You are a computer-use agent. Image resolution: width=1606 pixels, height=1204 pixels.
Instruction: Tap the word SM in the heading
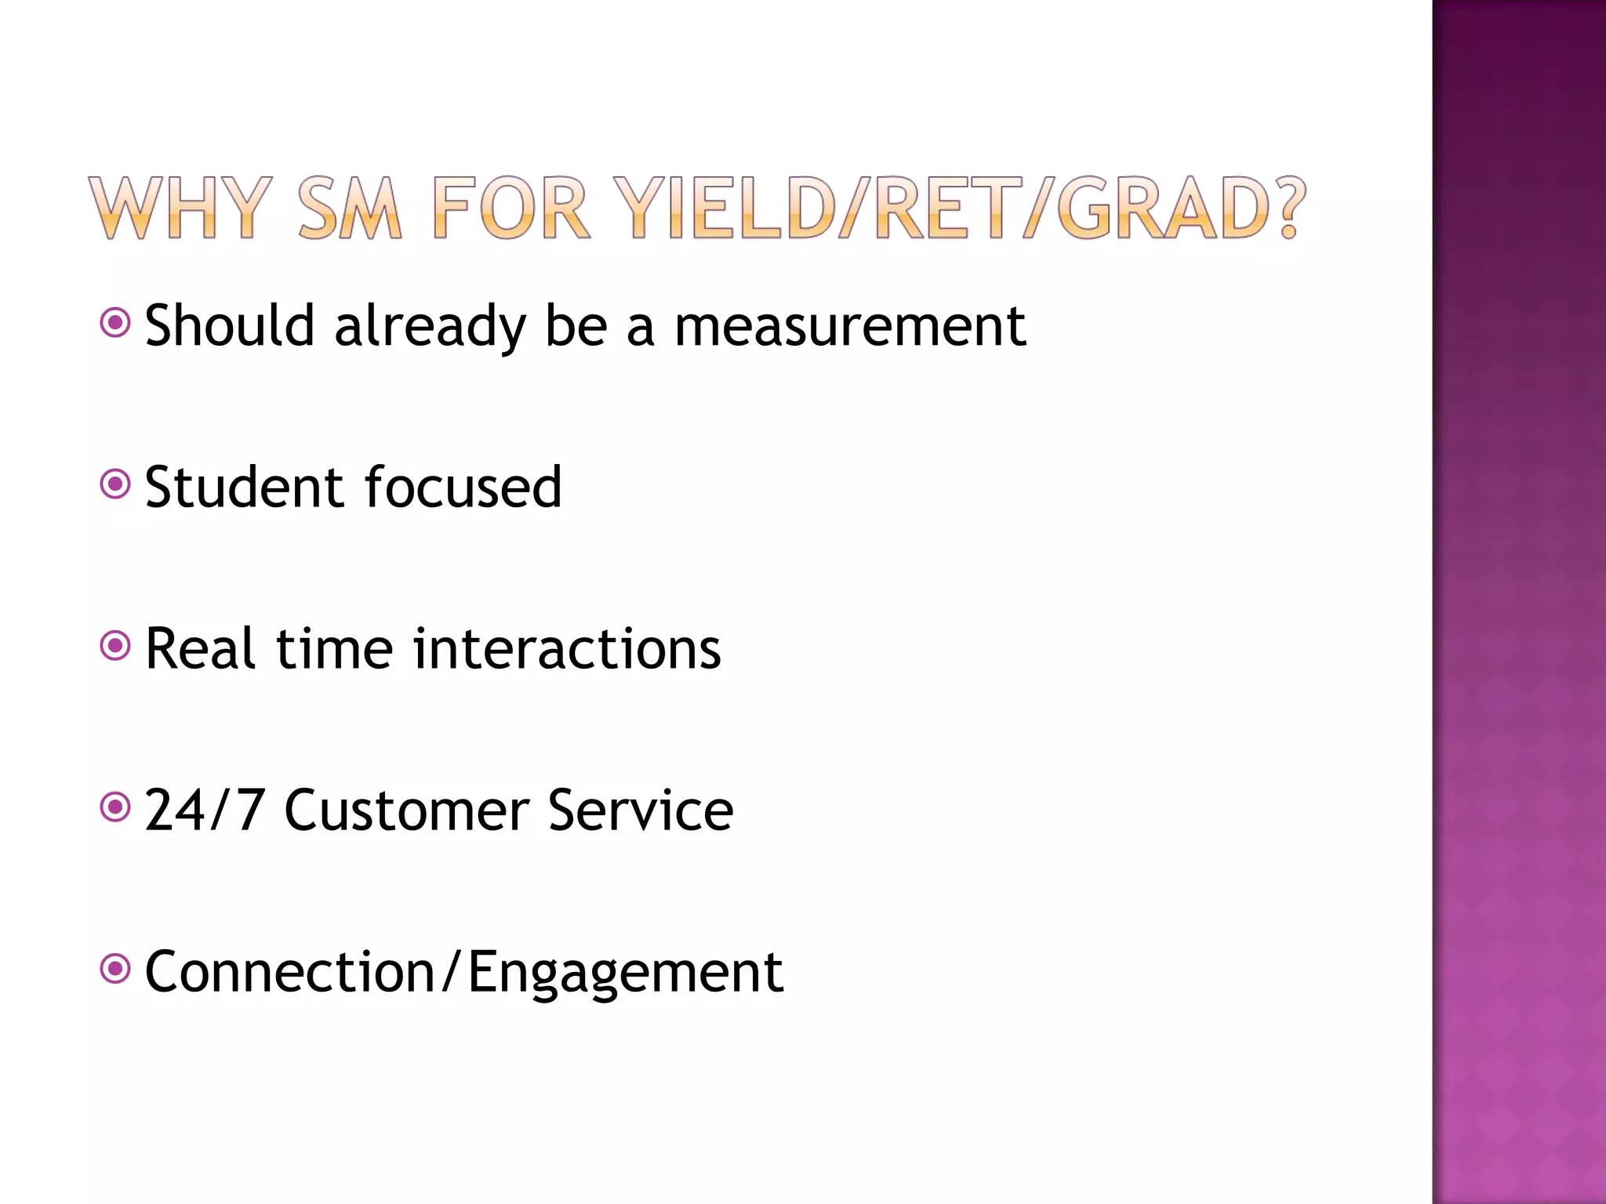pyautogui.click(x=350, y=208)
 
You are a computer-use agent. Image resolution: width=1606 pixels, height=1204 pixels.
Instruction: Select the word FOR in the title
pyautogui.click(x=511, y=208)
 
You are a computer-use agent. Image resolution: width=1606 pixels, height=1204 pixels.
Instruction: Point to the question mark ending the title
pyautogui.click(x=1286, y=208)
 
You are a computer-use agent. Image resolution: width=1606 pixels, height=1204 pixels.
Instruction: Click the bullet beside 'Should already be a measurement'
pyautogui.click(x=115, y=322)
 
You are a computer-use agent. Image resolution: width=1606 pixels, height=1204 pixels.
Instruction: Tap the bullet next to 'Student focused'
pyautogui.click(x=115, y=484)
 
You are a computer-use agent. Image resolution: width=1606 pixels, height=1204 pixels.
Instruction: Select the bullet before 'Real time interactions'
pyautogui.click(x=115, y=646)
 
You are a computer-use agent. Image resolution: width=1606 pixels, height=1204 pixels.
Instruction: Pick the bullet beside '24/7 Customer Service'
pyautogui.click(x=115, y=807)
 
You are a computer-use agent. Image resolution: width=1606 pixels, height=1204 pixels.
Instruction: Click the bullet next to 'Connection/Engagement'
pyautogui.click(x=115, y=970)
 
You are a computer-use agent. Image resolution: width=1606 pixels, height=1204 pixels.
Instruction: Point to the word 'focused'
pyautogui.click(x=463, y=487)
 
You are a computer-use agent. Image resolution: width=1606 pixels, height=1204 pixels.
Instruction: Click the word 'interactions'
pyautogui.click(x=567, y=649)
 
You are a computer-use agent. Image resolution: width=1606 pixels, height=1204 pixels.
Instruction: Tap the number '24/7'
pyautogui.click(x=204, y=811)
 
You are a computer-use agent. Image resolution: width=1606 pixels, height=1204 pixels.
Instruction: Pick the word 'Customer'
pyautogui.click(x=405, y=811)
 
